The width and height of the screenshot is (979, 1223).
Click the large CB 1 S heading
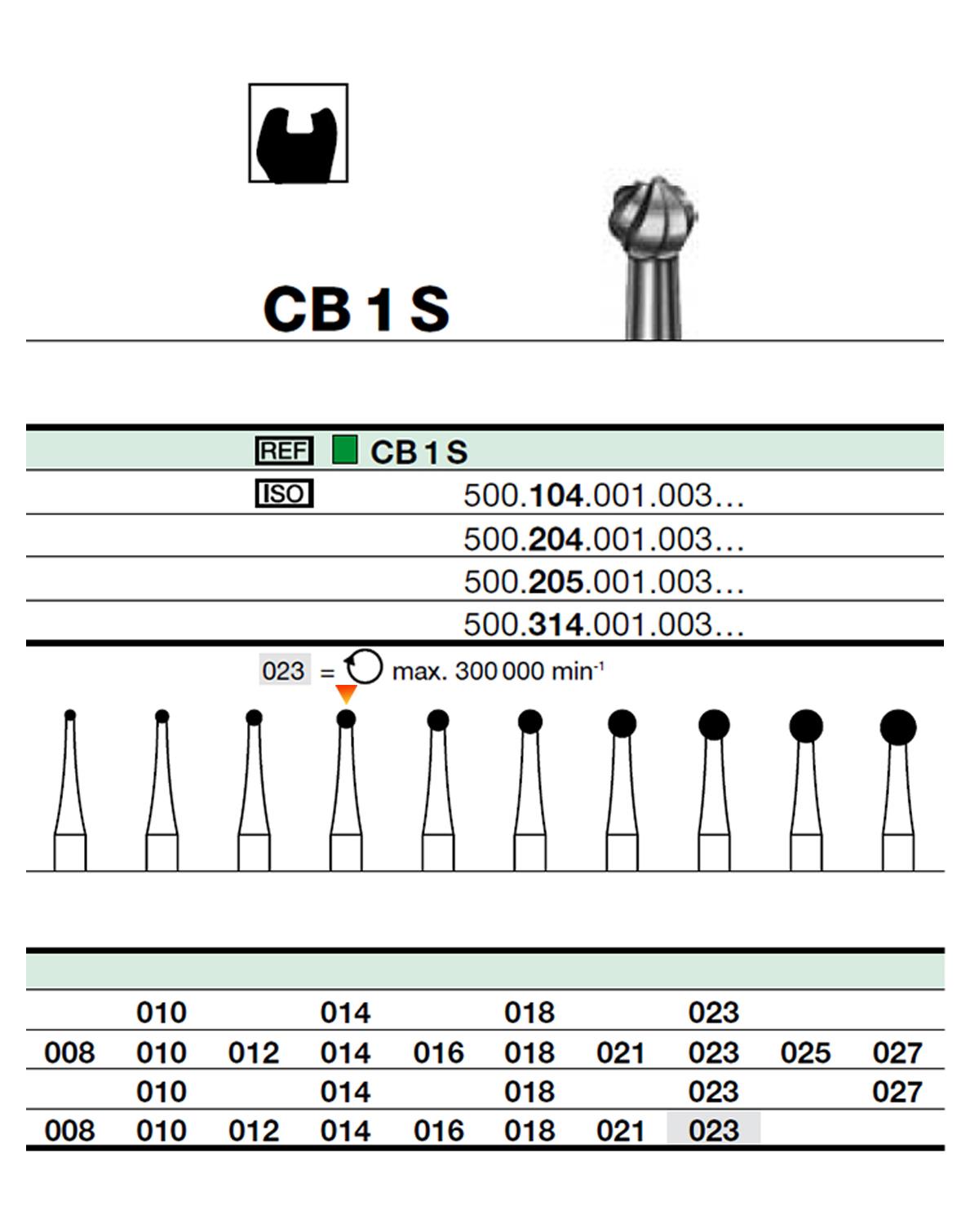click(357, 309)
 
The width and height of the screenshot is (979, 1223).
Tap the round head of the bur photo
click(653, 217)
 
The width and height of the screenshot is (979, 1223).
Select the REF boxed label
click(284, 450)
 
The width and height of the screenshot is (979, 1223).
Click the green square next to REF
click(345, 449)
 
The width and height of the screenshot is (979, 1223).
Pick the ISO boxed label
click(284, 493)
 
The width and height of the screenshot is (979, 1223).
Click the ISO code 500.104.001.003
click(603, 495)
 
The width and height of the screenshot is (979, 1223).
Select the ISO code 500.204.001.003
click(603, 539)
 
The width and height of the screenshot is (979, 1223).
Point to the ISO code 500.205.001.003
click(603, 581)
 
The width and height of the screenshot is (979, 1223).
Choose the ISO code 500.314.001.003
click(603, 625)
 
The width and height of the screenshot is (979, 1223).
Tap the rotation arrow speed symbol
click(363, 668)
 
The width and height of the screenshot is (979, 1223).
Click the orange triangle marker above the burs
click(347, 695)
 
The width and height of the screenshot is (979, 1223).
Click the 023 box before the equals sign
click(284, 671)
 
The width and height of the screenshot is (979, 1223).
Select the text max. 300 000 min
click(498, 671)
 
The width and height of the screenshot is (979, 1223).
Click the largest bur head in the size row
click(898, 727)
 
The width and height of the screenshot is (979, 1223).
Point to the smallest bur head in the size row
click(70, 715)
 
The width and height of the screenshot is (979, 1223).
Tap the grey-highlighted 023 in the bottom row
click(714, 1130)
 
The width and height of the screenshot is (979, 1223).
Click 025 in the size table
click(805, 1053)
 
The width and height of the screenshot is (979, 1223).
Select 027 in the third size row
click(897, 1091)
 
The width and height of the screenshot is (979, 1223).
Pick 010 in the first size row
click(162, 1013)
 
